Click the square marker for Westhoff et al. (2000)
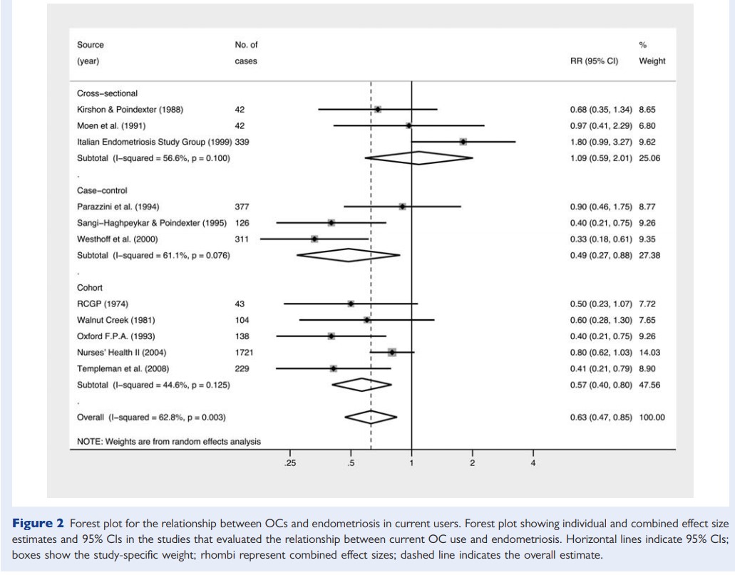(x=314, y=239)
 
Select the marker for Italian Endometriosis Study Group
(x=463, y=142)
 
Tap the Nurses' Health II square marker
(x=391, y=352)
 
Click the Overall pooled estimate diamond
(x=370, y=416)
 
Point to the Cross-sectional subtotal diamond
(x=418, y=157)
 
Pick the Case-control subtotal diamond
(x=348, y=255)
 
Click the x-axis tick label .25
(x=290, y=464)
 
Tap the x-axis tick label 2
(x=472, y=464)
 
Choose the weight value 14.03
(x=652, y=352)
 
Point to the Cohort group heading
(x=90, y=288)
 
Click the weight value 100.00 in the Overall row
(x=652, y=417)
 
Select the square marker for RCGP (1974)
(x=350, y=304)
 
